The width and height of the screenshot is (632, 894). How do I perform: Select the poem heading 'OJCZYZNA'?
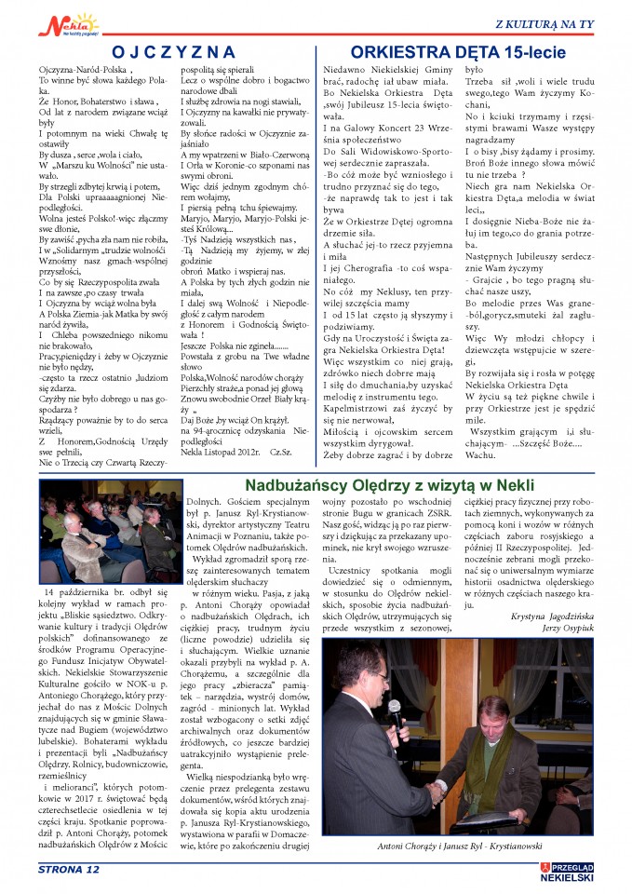[x=173, y=52]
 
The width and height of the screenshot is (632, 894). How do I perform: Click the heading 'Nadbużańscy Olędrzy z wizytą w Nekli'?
[x=417, y=486]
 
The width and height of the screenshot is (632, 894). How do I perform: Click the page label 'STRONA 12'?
[x=69, y=871]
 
